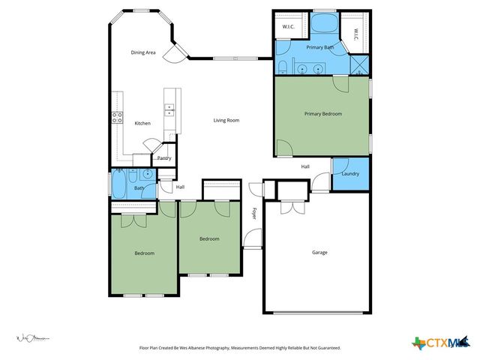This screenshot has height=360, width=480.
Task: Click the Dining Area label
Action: (x=142, y=52)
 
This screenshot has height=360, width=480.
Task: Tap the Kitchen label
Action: (x=142, y=123)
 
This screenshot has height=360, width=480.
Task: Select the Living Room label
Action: (x=226, y=120)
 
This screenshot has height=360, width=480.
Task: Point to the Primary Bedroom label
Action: (x=322, y=114)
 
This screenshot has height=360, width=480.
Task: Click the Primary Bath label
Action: (x=319, y=47)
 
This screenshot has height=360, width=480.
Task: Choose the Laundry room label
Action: (x=350, y=174)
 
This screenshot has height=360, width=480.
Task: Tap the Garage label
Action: (x=319, y=252)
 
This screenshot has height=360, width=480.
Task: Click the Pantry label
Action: (x=163, y=158)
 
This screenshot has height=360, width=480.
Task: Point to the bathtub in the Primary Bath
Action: (x=324, y=23)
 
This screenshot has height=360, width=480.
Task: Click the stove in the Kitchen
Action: (x=118, y=117)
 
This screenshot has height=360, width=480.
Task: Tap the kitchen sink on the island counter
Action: (x=169, y=108)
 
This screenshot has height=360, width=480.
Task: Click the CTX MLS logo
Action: (x=439, y=343)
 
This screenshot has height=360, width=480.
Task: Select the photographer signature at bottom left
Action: (x=33, y=339)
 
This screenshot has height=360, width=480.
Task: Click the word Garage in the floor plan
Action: (x=319, y=252)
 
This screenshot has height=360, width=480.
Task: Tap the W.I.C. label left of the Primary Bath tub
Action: (x=287, y=27)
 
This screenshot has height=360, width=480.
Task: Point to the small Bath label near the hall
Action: (x=139, y=187)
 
